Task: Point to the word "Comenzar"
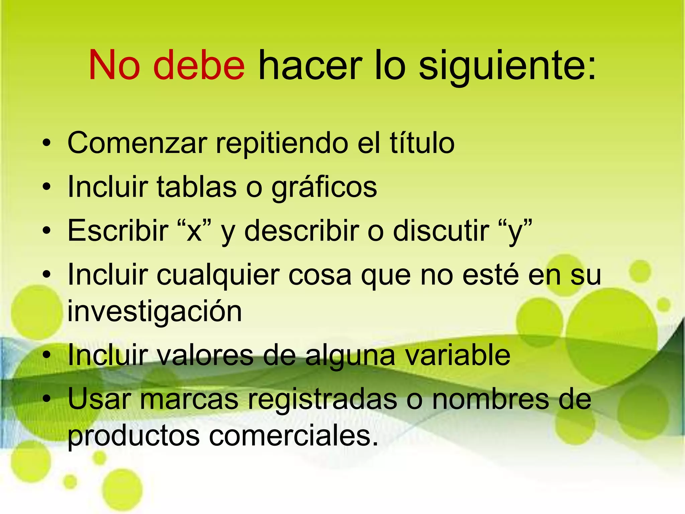(x=137, y=143)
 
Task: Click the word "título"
(x=422, y=143)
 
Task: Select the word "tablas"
(x=197, y=187)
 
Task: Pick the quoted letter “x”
(x=194, y=231)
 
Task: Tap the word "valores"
(x=205, y=355)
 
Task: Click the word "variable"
(x=458, y=355)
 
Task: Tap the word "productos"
(x=134, y=437)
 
